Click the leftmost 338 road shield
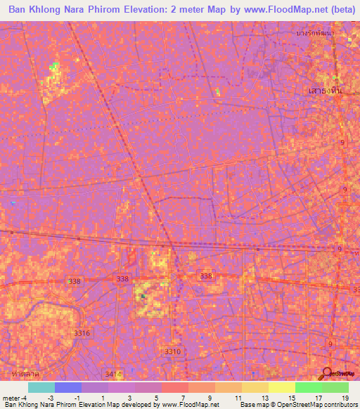(74, 280)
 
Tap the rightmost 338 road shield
(206, 276)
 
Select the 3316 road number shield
(83, 333)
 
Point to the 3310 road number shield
(172, 351)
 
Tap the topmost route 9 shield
(342, 143)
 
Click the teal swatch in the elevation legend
(41, 387)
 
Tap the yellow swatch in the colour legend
(282, 387)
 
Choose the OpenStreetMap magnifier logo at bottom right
(328, 373)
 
